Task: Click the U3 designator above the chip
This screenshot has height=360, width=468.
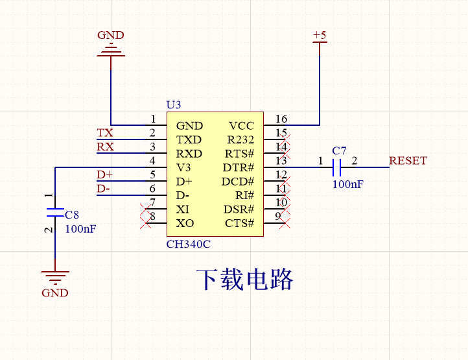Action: point(174,104)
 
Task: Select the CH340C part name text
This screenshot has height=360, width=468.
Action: point(189,245)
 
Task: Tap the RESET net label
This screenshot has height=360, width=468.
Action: point(408,161)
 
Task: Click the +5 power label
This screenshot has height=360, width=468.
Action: point(320,35)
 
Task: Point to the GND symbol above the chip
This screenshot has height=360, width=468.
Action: point(110,51)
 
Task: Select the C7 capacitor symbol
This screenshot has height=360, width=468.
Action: point(336,168)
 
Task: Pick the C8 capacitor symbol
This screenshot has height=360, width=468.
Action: point(55,212)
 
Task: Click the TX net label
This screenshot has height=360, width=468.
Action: point(104,133)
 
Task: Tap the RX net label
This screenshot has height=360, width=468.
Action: point(105,147)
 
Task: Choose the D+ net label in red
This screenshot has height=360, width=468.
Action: point(104,174)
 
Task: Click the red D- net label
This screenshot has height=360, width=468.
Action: point(103,189)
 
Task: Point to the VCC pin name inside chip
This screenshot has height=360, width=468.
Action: point(241,126)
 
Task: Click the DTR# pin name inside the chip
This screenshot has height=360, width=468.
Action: point(239,168)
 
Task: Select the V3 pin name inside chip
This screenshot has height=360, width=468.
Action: point(183,168)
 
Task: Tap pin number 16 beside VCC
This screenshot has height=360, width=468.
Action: point(281,119)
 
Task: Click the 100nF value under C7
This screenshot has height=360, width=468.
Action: point(347,184)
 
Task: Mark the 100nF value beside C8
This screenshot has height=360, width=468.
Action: point(81,228)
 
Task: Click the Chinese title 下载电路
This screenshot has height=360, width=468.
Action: point(245,280)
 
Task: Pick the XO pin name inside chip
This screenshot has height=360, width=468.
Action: point(184,224)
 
